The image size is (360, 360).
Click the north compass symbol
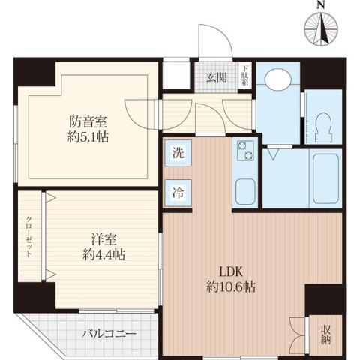321,29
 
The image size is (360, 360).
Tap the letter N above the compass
321,6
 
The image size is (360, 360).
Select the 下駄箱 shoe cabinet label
244,76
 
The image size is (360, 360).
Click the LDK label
229,271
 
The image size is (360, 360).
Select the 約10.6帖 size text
229,286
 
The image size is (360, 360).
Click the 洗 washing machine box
178,155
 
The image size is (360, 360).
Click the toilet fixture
324,125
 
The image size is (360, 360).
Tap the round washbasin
279,80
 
